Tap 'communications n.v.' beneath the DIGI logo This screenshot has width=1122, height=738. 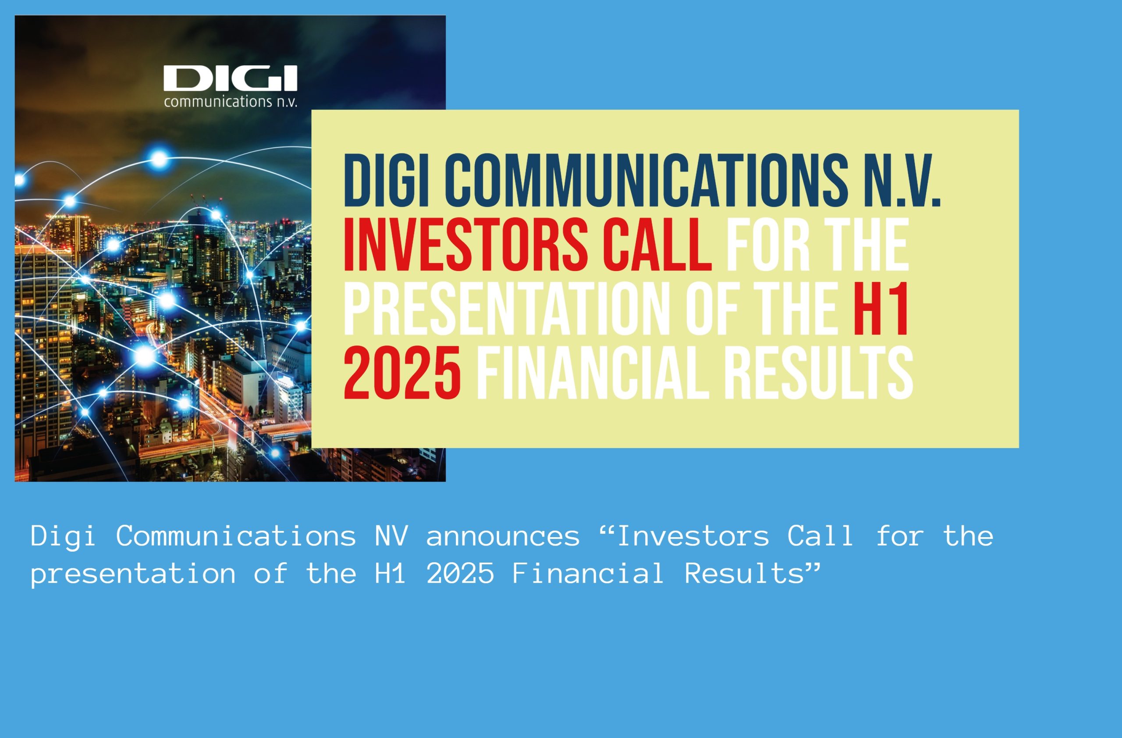click(x=231, y=101)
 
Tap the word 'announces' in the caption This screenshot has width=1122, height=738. click(x=503, y=537)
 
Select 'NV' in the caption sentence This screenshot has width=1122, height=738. click(x=391, y=536)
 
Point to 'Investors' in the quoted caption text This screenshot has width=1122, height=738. click(x=693, y=536)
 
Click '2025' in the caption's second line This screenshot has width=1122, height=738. click(x=461, y=574)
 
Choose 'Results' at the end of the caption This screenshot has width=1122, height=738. click(x=744, y=574)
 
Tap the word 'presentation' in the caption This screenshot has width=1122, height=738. click(x=133, y=574)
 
